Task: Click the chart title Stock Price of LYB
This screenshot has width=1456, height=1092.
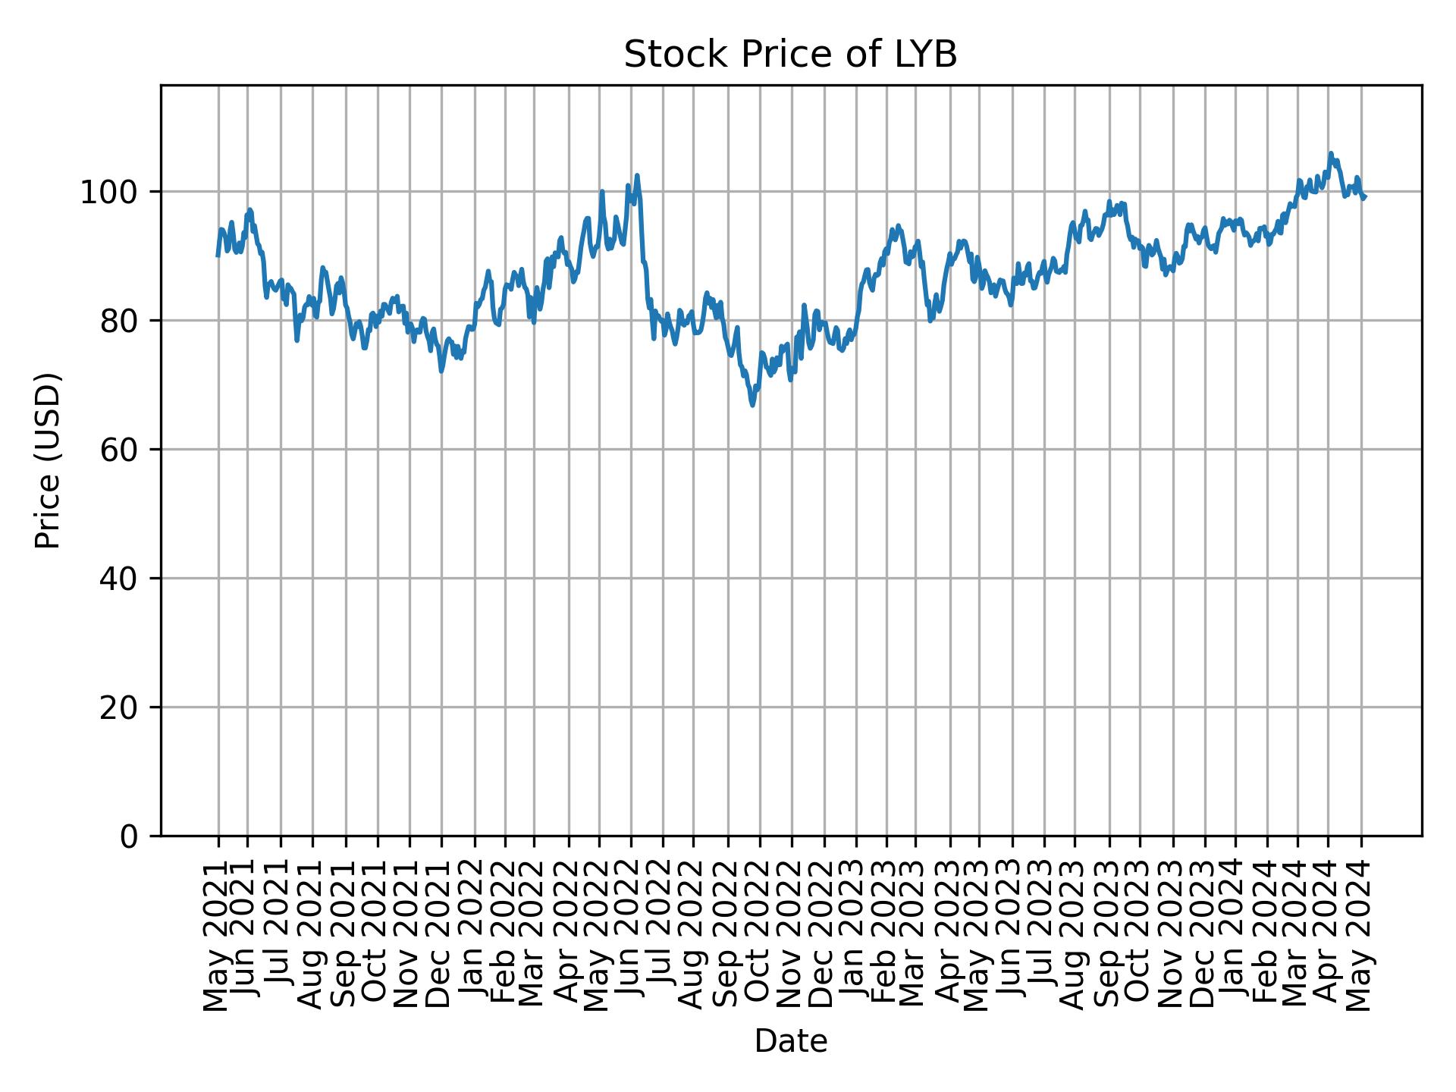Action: point(790,55)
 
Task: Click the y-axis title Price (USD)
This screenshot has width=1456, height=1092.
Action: point(48,460)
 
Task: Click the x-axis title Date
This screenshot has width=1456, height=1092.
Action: point(790,1041)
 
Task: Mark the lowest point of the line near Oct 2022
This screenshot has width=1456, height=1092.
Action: point(752,406)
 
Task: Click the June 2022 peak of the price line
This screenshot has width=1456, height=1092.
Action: point(637,175)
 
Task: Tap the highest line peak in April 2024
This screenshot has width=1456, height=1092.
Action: point(1330,152)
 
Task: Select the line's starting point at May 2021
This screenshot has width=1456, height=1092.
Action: point(218,256)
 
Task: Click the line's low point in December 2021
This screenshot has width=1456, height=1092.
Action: point(441,372)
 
